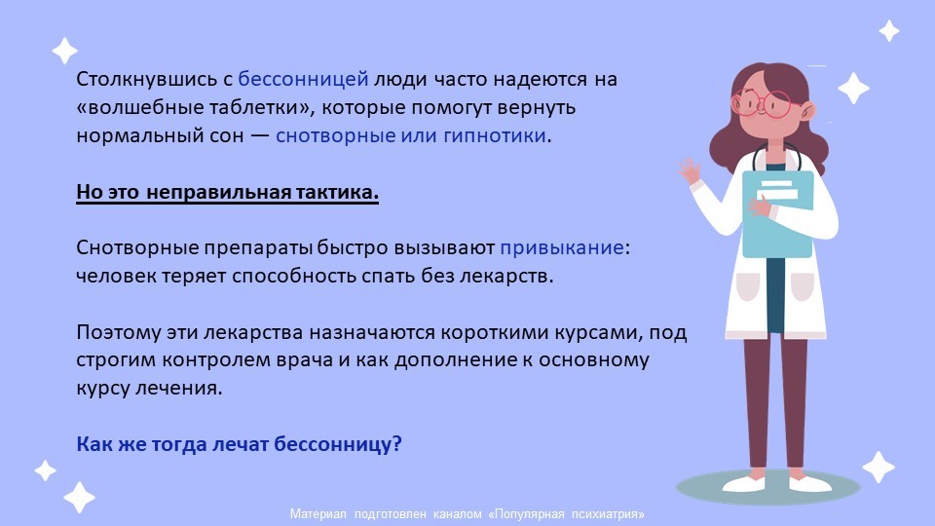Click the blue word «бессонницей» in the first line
(303, 79)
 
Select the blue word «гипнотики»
(495, 136)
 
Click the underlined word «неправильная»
(218, 192)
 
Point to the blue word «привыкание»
(562, 247)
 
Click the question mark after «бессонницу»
(397, 444)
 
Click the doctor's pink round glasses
(766, 104)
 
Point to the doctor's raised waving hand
(689, 171)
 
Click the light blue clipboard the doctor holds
(777, 213)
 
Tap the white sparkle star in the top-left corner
(65, 51)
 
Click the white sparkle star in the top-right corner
(889, 30)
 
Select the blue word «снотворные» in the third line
(335, 136)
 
